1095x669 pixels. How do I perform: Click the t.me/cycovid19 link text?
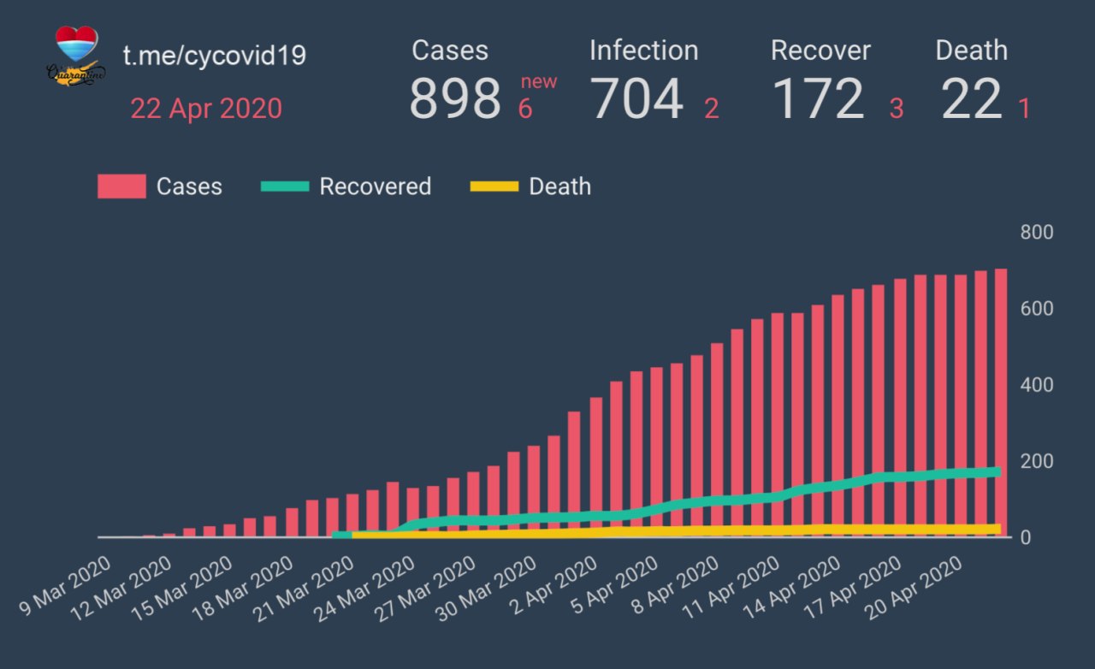215,56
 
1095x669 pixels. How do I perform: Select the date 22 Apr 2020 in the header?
206,109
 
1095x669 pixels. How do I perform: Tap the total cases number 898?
455,98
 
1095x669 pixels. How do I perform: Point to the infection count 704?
637,98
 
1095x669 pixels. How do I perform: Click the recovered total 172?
819,98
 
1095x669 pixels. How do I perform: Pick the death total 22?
971,98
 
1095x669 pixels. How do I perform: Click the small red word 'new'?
539,82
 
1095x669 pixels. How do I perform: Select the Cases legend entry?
160,186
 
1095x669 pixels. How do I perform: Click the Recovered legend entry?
346,186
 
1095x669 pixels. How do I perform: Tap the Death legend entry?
531,186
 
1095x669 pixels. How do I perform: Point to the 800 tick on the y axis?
1036,233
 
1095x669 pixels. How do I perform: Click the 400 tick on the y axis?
1036,385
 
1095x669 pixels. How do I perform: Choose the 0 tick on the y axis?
1027,537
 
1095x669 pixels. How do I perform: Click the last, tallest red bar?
1001,402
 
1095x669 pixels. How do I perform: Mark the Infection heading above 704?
643,50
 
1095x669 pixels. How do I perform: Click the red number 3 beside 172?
897,109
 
